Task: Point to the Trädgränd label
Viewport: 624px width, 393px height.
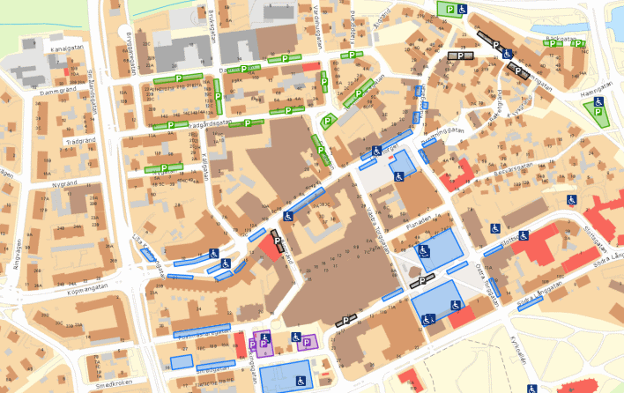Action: coord(79,141)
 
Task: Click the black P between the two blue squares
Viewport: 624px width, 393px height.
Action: coord(422,281)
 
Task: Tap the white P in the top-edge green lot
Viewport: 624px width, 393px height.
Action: coord(450,9)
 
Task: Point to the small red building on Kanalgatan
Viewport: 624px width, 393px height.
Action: coord(310,66)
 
